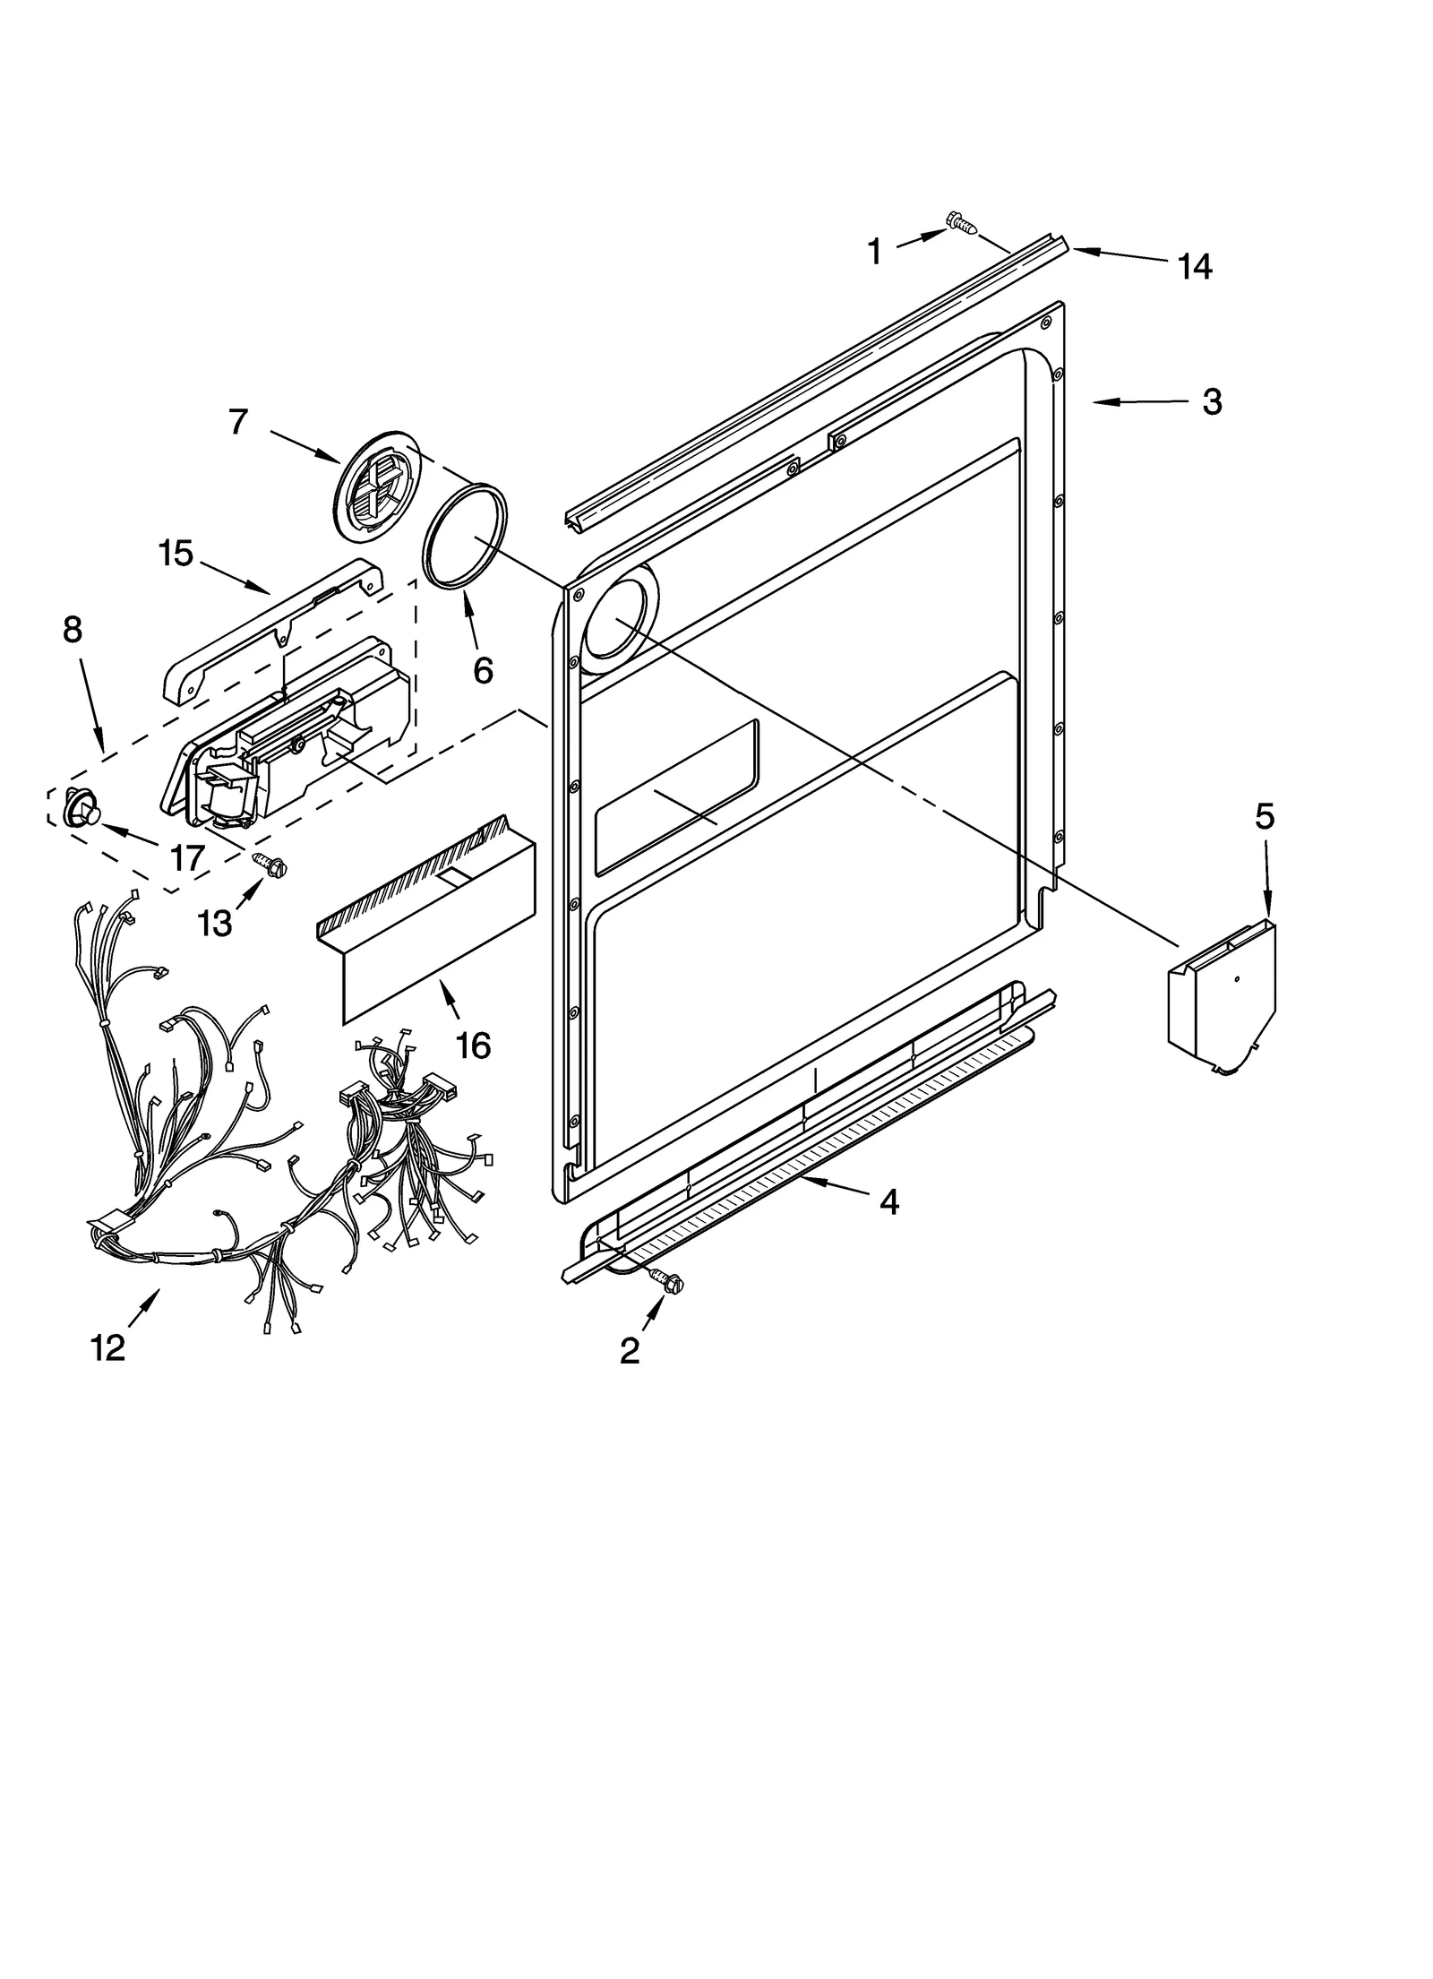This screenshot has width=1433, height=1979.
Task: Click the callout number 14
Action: (1194, 266)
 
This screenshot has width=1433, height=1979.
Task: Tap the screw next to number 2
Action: (666, 1282)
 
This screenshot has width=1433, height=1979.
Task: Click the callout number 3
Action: (1211, 402)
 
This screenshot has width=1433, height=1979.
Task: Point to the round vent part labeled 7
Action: (368, 487)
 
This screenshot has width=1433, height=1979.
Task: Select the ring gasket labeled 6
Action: (464, 536)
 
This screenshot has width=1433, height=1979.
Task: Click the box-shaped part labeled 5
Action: (1222, 997)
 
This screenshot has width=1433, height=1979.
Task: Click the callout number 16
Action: (473, 1045)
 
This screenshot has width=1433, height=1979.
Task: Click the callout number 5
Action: (1264, 816)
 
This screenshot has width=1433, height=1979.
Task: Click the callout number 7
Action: (237, 421)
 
